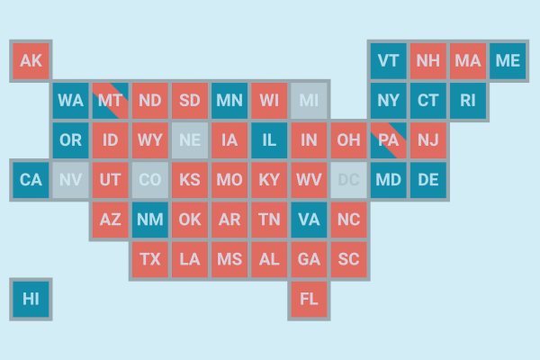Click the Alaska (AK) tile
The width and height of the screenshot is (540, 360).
(x=31, y=60)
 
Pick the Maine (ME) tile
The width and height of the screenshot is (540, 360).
(x=508, y=60)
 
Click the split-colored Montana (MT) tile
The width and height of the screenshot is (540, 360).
(x=110, y=100)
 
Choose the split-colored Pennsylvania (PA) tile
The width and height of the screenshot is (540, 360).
(x=388, y=139)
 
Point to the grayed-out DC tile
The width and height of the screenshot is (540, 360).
(x=348, y=179)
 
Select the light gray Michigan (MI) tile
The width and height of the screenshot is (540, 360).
(x=309, y=100)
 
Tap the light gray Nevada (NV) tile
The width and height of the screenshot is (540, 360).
(x=70, y=179)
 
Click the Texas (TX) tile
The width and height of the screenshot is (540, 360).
(x=150, y=258)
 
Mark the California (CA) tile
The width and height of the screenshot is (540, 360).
(x=31, y=179)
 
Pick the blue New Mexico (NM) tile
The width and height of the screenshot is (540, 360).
(x=150, y=219)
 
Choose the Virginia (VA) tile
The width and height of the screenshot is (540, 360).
(x=309, y=219)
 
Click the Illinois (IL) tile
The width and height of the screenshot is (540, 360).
(x=269, y=139)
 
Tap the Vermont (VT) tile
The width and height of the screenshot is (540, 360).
(x=388, y=60)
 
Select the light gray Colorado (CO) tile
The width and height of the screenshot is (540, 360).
(x=150, y=179)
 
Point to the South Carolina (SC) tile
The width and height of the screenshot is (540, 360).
(x=348, y=258)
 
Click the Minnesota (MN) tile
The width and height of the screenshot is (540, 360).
(x=229, y=100)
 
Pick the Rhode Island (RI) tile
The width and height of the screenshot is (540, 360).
(x=467, y=100)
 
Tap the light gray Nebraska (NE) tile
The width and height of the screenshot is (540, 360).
(x=190, y=139)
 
